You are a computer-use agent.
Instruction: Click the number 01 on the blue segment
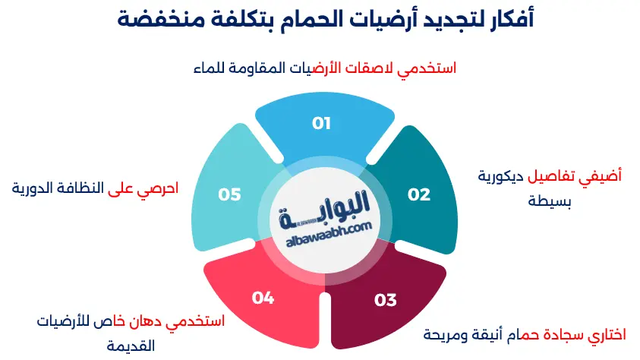pyautogui.click(x=322, y=123)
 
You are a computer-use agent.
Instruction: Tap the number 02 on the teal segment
pyautogui.click(x=418, y=194)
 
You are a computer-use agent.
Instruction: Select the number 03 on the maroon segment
pyautogui.click(x=386, y=300)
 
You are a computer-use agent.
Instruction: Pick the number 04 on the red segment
pyautogui.click(x=262, y=298)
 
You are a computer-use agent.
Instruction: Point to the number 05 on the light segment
pyautogui.click(x=229, y=194)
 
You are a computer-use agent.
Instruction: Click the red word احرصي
pyautogui.click(x=157, y=188)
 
